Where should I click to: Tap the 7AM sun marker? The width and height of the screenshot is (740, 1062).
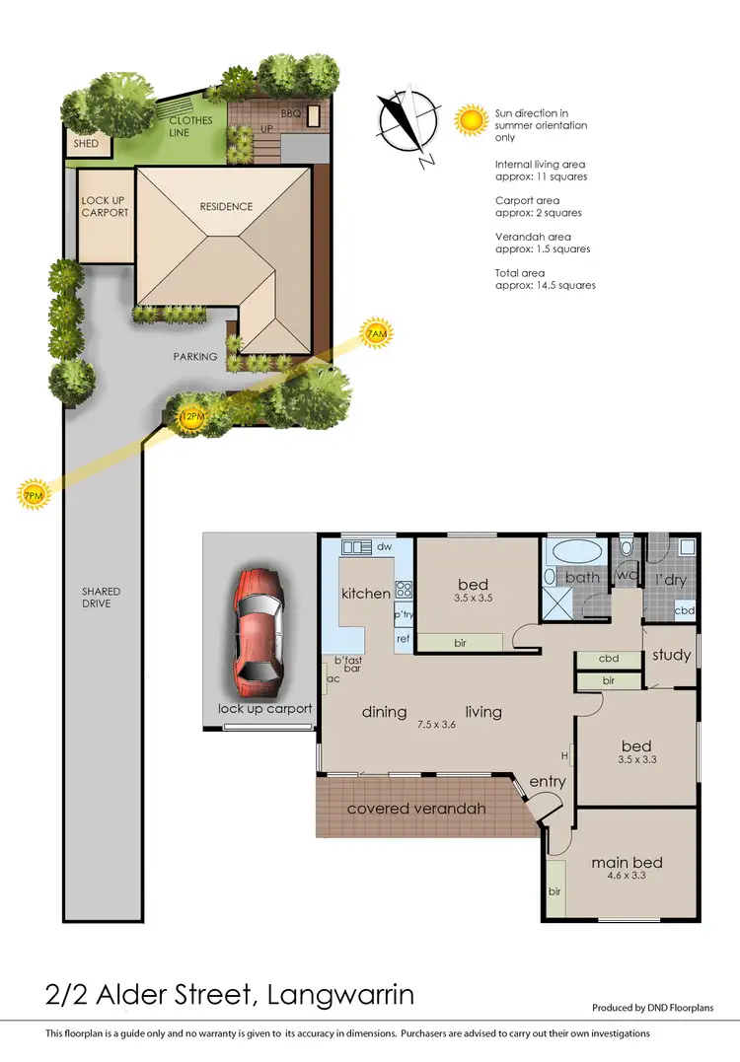point(376,335)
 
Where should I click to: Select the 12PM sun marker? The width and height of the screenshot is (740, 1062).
point(192,417)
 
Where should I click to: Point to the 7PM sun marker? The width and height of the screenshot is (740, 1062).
point(34,494)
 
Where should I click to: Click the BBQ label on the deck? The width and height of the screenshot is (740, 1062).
point(290,114)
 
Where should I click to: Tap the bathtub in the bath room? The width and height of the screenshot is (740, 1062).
point(574,550)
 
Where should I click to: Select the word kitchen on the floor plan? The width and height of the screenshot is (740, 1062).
point(366,594)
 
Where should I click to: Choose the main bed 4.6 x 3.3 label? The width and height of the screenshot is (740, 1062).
point(627,869)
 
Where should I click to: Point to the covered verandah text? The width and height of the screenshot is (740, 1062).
point(416,809)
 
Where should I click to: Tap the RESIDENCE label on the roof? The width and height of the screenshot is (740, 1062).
point(226,207)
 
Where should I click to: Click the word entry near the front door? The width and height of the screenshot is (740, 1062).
point(548,782)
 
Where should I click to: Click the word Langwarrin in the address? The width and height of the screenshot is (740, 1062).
point(341,995)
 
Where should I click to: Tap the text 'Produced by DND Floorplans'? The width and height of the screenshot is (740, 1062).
point(652,1008)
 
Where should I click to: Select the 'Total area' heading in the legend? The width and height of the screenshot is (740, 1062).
point(519,273)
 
